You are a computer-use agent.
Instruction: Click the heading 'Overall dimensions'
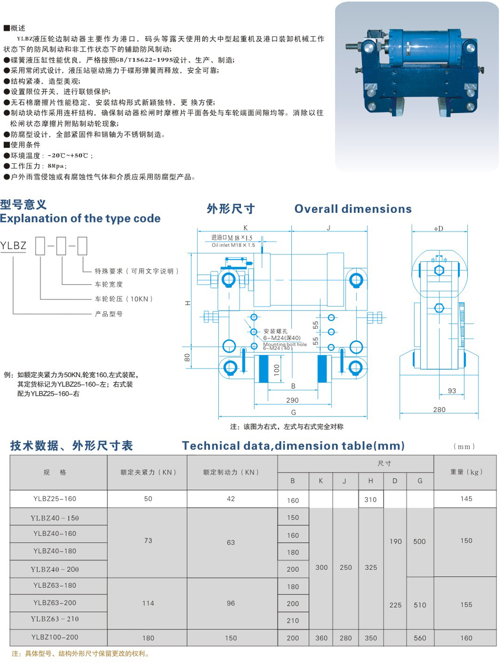click(x=353, y=209)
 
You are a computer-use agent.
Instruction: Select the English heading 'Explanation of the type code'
click(x=81, y=219)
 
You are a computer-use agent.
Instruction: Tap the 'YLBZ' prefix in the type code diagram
click(x=13, y=246)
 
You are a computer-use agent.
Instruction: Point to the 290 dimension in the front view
click(x=292, y=400)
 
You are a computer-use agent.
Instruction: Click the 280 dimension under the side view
click(x=439, y=410)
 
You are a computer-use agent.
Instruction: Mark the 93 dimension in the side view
click(x=452, y=391)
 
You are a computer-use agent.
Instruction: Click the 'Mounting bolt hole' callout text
click(x=285, y=344)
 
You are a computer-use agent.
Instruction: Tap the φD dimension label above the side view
click(x=438, y=228)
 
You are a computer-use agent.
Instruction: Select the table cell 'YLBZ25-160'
click(x=55, y=499)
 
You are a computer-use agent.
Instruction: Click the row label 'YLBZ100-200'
click(x=55, y=637)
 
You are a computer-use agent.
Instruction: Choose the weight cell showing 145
click(x=466, y=499)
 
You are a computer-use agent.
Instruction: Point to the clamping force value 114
click(x=148, y=603)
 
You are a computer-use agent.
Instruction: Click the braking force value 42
click(x=231, y=499)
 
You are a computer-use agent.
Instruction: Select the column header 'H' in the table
click(x=370, y=481)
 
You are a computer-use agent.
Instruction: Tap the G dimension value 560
click(x=420, y=638)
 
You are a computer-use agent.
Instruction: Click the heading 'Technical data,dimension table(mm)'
click(x=293, y=446)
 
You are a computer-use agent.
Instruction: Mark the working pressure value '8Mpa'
click(x=56, y=166)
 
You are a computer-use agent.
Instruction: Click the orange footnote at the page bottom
click(x=81, y=654)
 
